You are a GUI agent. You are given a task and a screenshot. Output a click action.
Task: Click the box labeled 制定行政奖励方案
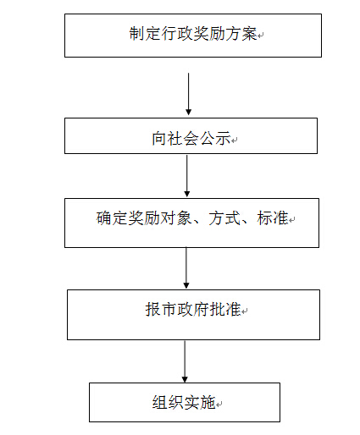pos(193,36)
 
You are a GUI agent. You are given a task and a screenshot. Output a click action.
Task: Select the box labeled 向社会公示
pos(191,135)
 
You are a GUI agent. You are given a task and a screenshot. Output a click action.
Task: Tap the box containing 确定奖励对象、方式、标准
pos(191,223)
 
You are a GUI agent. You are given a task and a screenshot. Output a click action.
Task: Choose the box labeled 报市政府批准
pos(193,315)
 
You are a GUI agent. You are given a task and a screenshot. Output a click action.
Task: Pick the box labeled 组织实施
pos(185,402)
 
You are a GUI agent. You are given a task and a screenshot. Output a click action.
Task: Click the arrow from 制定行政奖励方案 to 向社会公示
pos(189,94)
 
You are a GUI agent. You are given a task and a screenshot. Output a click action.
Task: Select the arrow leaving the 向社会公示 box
pos(187,176)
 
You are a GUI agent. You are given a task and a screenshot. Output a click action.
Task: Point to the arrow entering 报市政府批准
pos(186,267)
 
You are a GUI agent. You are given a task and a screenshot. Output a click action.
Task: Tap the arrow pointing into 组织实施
pos(185,361)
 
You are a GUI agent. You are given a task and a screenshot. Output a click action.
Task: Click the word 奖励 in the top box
pos(209,34)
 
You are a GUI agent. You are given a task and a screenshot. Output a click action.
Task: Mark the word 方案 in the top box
pos(241,34)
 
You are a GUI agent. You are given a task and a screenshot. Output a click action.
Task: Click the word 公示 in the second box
pos(215,139)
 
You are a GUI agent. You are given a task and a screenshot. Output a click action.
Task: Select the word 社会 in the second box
pos(184,139)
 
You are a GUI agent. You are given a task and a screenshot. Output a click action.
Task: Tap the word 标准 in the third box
pos(273,218)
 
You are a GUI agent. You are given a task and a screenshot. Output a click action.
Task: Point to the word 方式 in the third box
pos(224,218)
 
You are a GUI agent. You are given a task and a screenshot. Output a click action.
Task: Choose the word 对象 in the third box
pos(176,218)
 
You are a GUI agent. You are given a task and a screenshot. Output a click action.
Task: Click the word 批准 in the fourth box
pos(225,309)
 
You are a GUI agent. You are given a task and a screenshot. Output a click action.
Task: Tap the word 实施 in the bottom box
pos(200,402)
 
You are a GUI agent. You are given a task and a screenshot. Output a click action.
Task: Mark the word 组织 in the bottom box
pos(168,402)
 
